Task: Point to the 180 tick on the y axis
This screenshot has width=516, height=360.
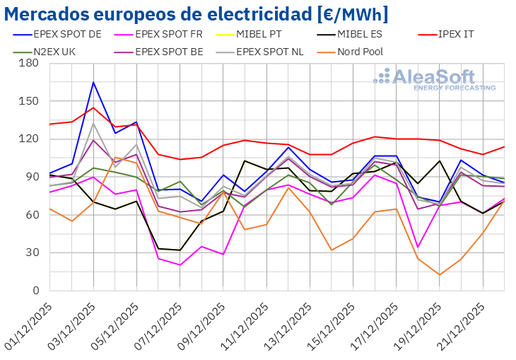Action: (29, 63)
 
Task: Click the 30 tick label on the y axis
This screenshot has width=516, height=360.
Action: (32, 252)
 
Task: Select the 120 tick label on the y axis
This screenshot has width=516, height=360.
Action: (29, 139)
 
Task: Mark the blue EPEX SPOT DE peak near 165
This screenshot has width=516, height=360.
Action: (93, 82)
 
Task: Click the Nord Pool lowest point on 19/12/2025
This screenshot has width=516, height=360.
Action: (440, 274)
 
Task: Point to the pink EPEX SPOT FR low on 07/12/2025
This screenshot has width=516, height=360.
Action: (180, 265)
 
